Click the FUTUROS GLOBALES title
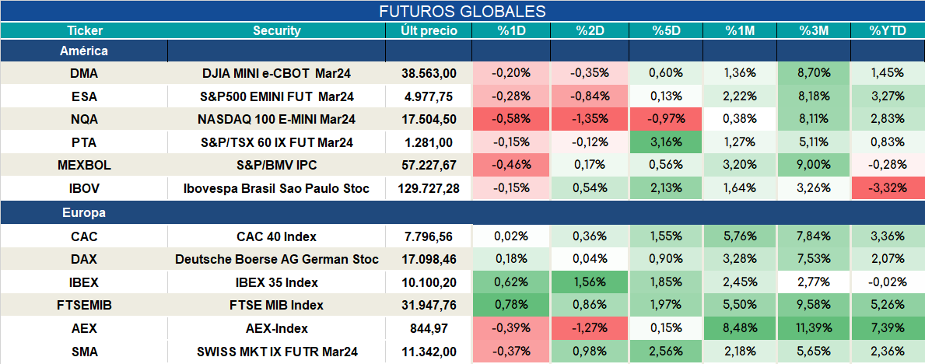(462, 11)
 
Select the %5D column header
(666, 31)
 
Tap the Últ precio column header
(429, 31)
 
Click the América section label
(84, 51)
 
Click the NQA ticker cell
(84, 119)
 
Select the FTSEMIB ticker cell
(84, 306)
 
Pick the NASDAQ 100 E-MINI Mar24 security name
(276, 119)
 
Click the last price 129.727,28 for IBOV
(429, 189)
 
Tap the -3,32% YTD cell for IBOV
(887, 189)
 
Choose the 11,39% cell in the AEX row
(814, 328)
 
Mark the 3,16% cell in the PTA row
(666, 142)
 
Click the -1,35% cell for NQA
(590, 119)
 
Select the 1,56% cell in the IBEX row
(590, 282)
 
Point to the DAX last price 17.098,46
(429, 259)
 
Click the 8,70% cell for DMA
(814, 73)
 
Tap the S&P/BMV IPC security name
(276, 166)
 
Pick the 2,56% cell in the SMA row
(666, 352)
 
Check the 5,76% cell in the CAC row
(740, 236)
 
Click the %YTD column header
(887, 31)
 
